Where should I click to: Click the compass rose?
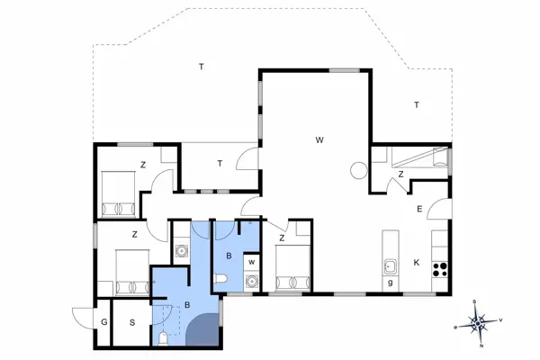(x=481, y=320)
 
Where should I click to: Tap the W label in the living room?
(x=319, y=139)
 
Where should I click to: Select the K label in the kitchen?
(x=415, y=263)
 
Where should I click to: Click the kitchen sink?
(x=391, y=266)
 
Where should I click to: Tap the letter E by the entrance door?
(x=419, y=209)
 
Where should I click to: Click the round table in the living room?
(x=359, y=168)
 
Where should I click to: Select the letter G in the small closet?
(x=104, y=321)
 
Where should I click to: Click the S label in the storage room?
(x=131, y=321)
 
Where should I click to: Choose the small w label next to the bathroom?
(x=251, y=263)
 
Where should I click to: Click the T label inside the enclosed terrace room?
(x=219, y=163)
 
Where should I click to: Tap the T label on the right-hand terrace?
(x=417, y=105)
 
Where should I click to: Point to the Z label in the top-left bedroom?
(x=142, y=165)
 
